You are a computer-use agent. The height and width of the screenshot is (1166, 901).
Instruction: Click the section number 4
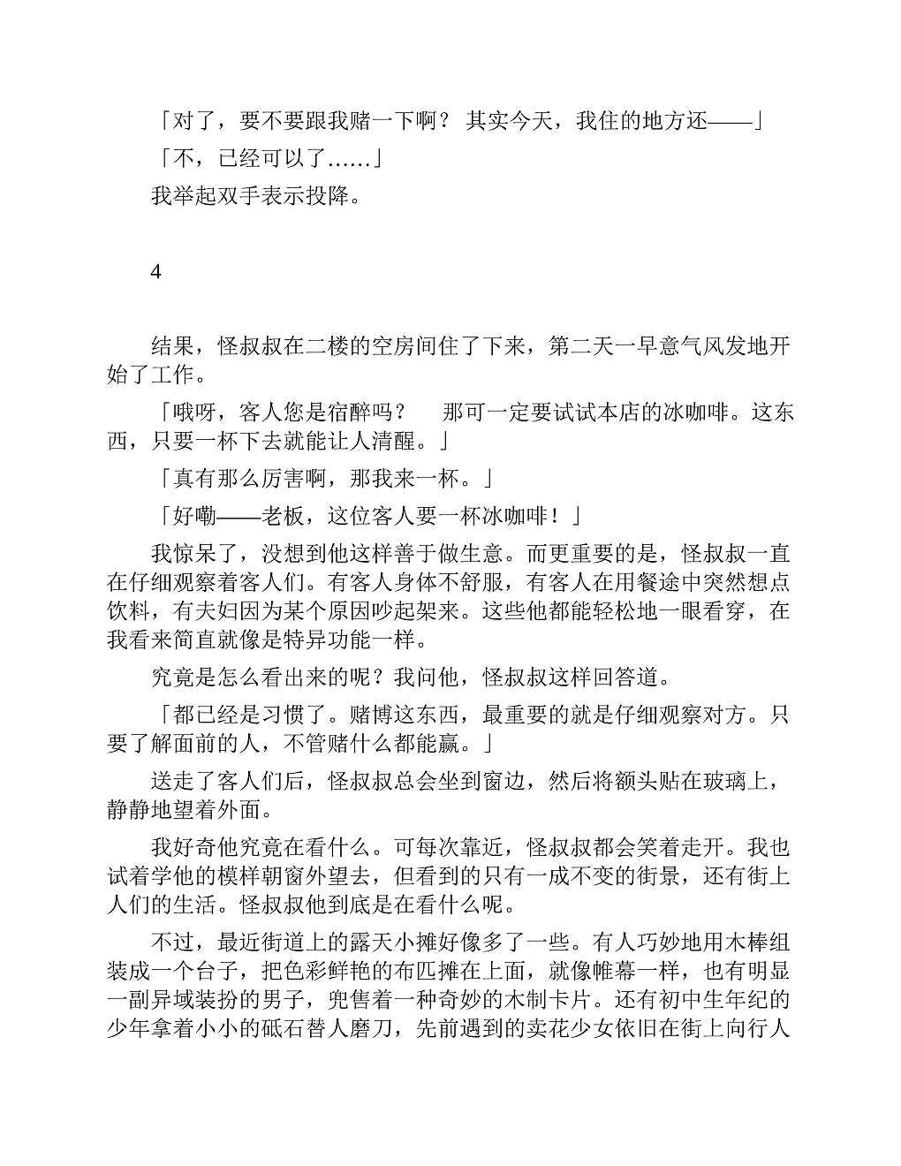(x=155, y=272)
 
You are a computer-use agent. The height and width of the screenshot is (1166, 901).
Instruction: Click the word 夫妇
(x=194, y=610)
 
